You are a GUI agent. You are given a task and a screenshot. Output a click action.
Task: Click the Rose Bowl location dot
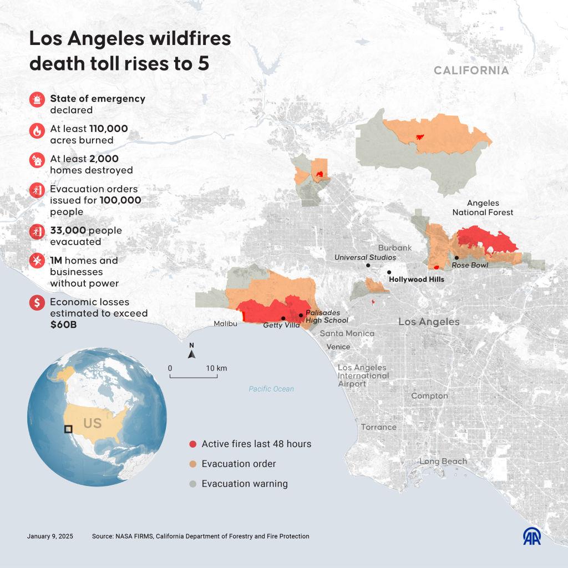tap(457, 257)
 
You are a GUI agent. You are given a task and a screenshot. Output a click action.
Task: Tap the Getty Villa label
tap(281, 325)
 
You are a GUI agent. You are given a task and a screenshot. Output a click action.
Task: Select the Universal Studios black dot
tap(368, 266)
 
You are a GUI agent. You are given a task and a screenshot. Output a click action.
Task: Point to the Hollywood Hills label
tap(417, 280)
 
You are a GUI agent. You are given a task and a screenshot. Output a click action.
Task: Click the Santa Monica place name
tap(347, 333)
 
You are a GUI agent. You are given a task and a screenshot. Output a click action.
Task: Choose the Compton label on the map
tap(429, 396)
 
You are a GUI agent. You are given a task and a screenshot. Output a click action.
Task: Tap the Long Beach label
tap(443, 461)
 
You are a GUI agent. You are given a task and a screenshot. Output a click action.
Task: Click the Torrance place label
tap(379, 427)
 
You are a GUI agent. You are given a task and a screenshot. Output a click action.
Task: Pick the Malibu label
tap(226, 323)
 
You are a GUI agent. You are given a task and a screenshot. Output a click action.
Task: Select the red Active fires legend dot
tap(192, 444)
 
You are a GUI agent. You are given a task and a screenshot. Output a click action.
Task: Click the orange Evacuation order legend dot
tap(192, 464)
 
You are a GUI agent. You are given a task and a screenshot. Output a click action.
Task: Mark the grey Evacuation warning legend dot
tap(192, 484)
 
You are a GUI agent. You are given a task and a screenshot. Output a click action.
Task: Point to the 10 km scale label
tap(216, 368)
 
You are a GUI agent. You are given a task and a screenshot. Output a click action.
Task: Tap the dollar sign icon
tap(37, 303)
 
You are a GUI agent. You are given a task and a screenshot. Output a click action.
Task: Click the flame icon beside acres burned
tap(37, 131)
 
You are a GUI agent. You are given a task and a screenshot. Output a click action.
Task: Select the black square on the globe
tap(68, 429)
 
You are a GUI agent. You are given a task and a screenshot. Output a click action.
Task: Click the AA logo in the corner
tap(532, 535)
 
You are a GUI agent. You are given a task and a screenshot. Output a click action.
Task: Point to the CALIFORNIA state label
tap(471, 70)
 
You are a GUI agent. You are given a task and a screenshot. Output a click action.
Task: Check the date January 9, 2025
tap(50, 536)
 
